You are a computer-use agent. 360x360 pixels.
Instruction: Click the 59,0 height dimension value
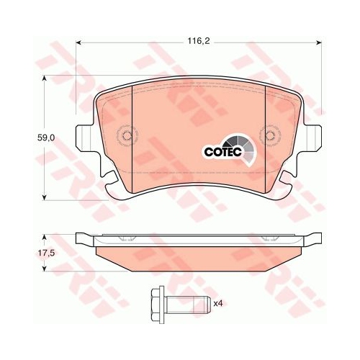point(46,138)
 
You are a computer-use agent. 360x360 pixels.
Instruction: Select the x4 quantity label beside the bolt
point(218,304)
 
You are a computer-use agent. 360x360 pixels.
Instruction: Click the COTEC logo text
point(222,152)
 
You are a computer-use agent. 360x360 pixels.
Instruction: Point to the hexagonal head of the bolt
point(158,305)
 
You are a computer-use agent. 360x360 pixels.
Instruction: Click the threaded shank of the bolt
point(188,305)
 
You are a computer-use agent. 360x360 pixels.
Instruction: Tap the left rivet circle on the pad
point(127,136)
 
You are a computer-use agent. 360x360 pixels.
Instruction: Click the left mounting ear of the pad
point(84,138)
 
